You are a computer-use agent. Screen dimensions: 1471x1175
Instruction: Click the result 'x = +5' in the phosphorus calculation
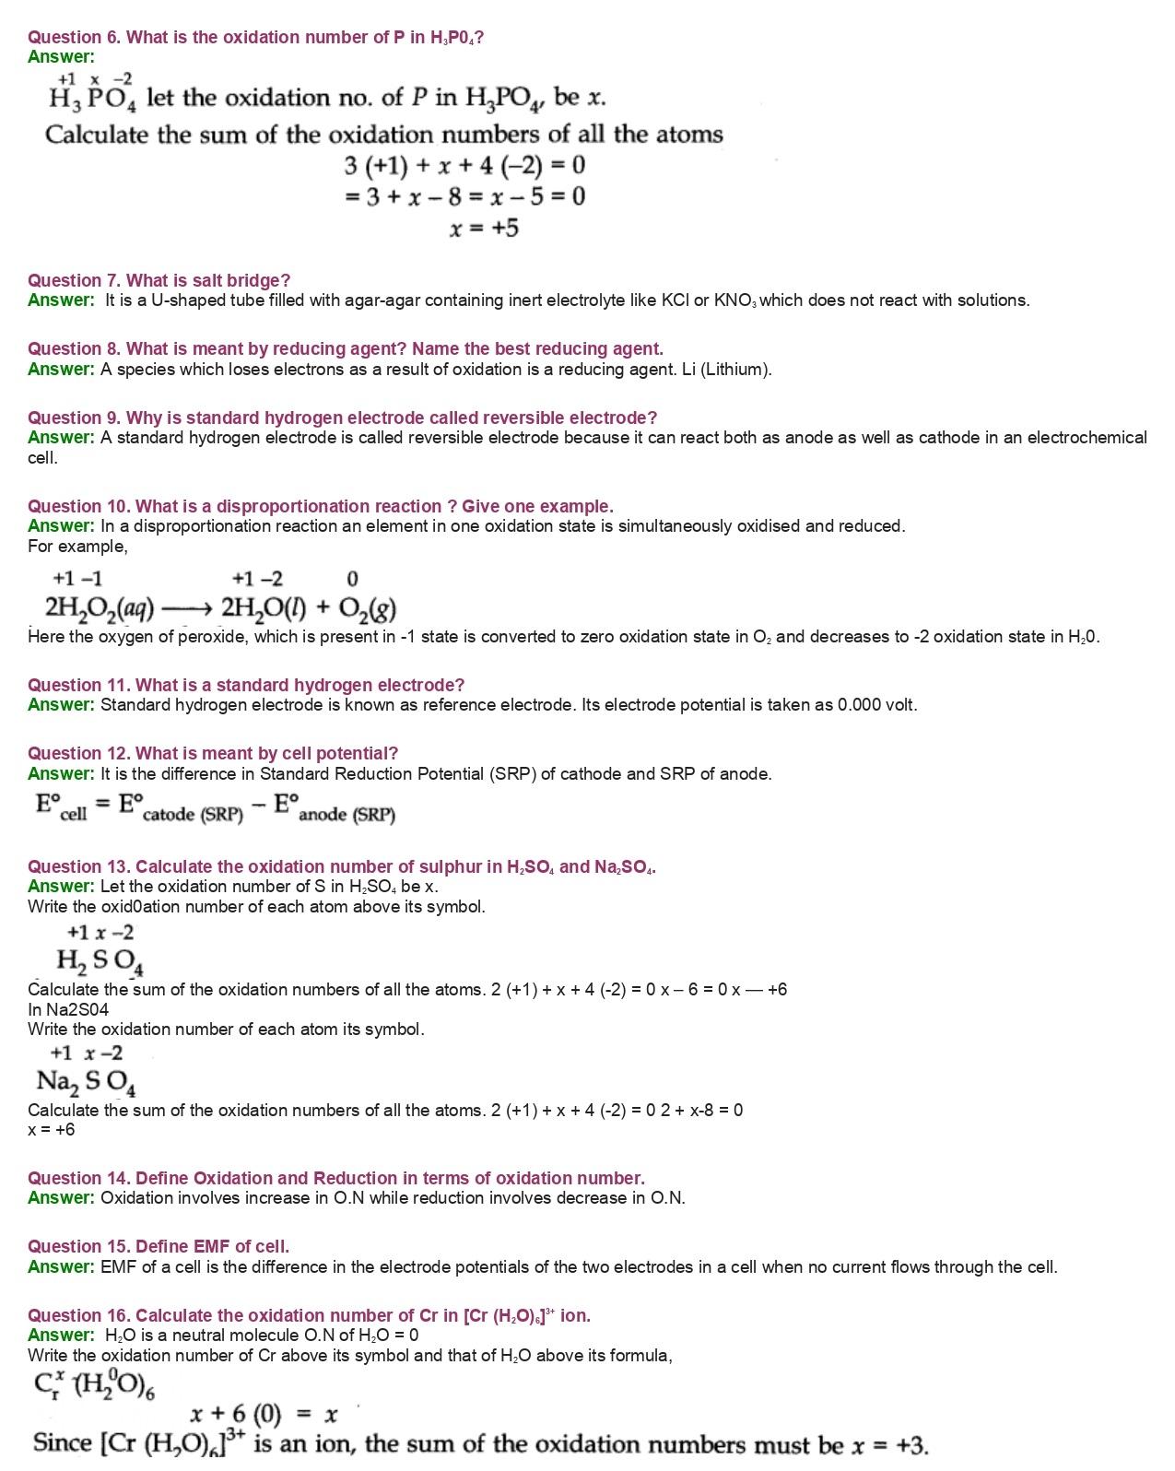[484, 228]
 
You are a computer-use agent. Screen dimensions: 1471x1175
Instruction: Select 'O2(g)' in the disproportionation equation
[367, 609]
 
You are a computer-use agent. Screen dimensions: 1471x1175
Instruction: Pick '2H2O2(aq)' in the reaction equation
[99, 608]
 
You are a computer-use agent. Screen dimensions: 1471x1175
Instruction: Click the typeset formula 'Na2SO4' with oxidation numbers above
[87, 1081]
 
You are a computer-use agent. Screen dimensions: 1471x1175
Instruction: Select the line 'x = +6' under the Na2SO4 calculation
[52, 1130]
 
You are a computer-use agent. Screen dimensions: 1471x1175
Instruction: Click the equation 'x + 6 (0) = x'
[264, 1414]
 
